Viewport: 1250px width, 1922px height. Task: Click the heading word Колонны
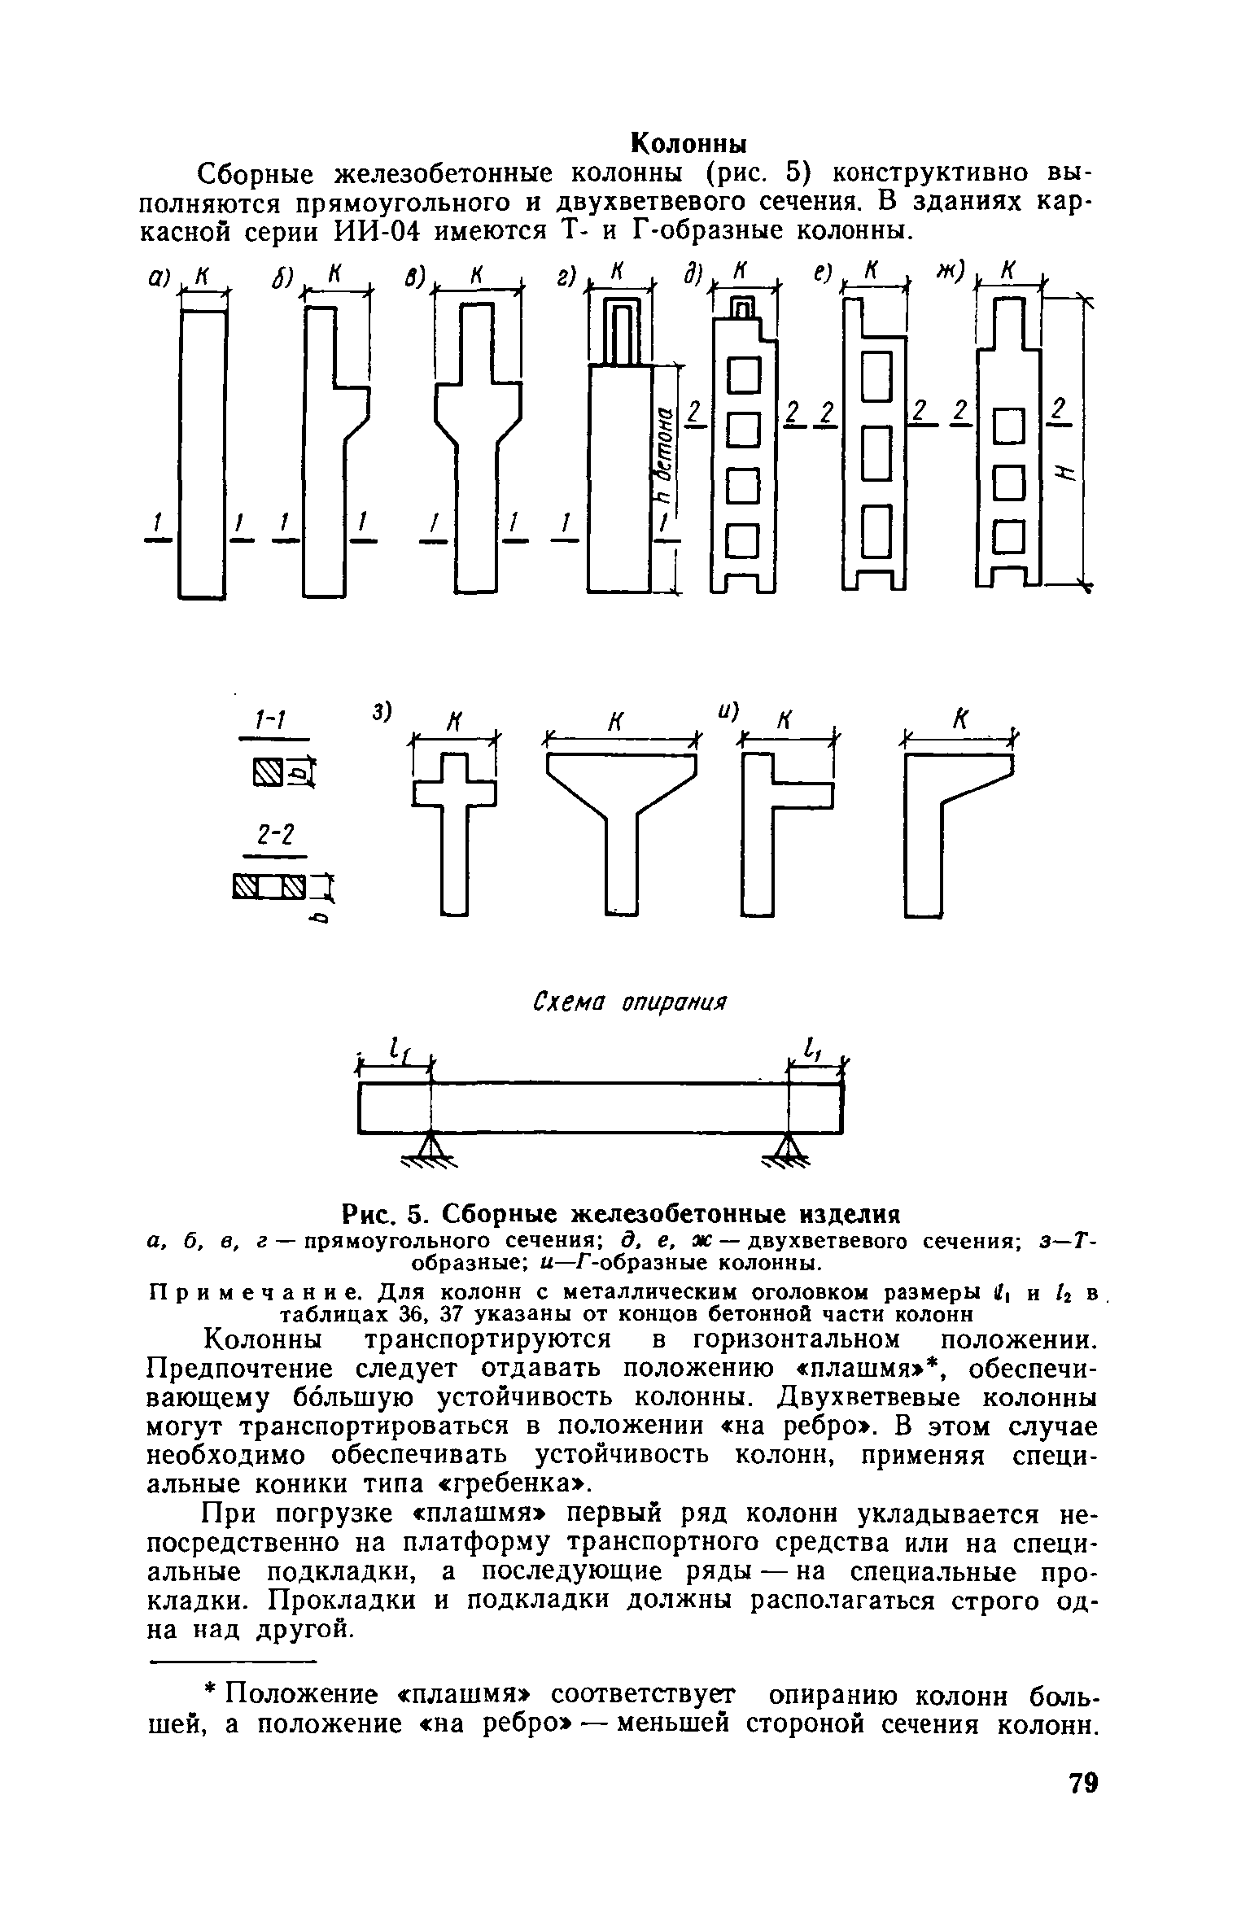(x=689, y=143)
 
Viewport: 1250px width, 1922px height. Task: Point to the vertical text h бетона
(x=665, y=455)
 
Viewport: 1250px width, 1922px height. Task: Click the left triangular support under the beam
(x=431, y=1147)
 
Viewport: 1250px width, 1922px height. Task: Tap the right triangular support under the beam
(x=787, y=1147)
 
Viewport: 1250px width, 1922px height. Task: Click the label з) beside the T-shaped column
(x=382, y=710)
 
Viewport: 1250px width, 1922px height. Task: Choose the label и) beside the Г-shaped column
(x=726, y=710)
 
